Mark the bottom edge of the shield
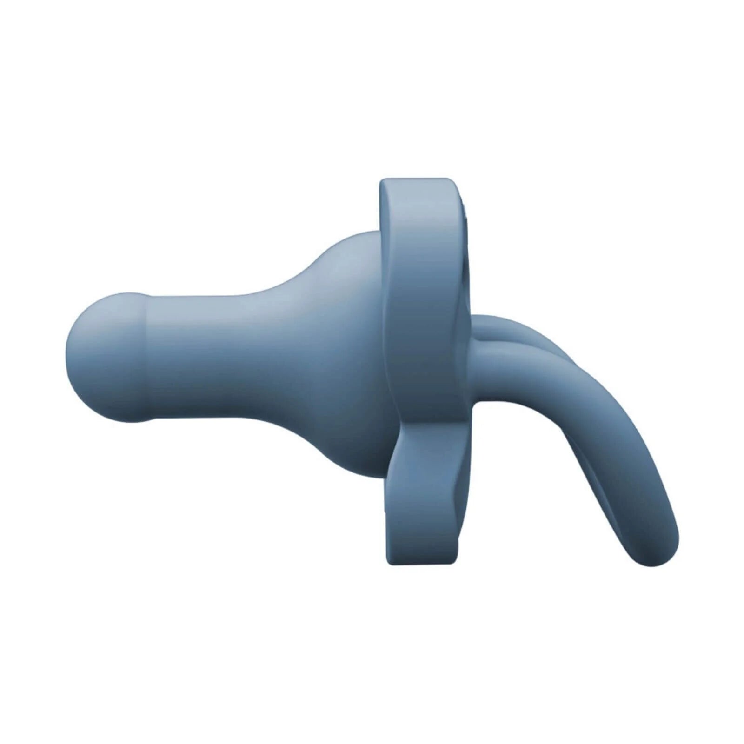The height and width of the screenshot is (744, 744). [x=421, y=563]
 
